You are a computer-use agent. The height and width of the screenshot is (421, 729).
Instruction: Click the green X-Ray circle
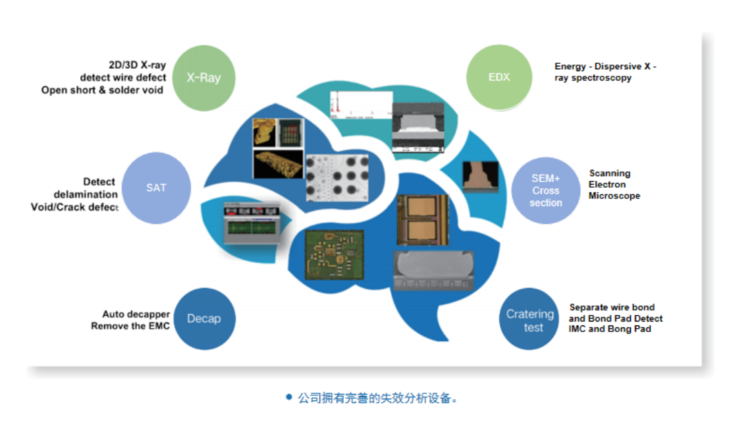coord(203,77)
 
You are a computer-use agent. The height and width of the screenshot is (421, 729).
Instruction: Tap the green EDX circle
coord(499,77)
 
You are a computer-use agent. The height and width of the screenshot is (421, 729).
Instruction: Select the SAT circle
coord(156,187)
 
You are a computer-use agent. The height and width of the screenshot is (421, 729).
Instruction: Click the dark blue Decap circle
coord(203,319)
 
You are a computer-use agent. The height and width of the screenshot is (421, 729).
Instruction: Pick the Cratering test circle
coord(533,320)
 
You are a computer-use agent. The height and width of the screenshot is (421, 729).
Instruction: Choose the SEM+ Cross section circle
coord(545,190)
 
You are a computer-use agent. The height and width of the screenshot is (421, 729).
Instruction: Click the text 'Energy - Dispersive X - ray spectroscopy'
coord(605,72)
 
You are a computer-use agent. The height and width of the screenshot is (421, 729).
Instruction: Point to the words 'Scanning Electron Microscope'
coord(614,184)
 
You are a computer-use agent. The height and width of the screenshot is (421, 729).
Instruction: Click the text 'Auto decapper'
coord(136,314)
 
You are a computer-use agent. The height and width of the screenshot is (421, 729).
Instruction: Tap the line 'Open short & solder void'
coord(102,90)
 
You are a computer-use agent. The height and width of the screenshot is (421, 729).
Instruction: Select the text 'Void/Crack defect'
coord(75,207)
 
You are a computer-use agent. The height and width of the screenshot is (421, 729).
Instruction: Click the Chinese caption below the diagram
coord(377,398)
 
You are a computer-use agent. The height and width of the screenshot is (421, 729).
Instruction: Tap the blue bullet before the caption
coord(288,397)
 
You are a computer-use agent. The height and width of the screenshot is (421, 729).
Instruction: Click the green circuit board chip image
coord(335,254)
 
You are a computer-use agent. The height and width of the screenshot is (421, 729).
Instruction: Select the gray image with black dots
coord(337,177)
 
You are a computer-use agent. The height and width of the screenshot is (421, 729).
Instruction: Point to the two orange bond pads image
coord(421,220)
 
